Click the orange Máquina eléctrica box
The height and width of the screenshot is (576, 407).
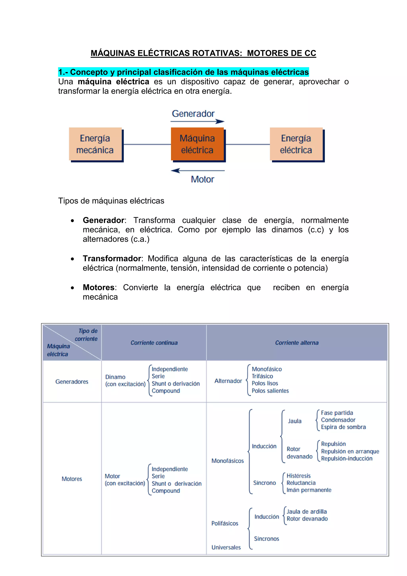click(x=197, y=144)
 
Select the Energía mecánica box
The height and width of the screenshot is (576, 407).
click(x=95, y=144)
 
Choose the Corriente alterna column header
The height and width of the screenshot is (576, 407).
click(x=297, y=343)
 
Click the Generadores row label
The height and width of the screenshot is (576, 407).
click(x=72, y=381)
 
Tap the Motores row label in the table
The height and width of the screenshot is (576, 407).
click(x=72, y=479)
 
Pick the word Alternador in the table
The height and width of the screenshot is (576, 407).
click(x=228, y=381)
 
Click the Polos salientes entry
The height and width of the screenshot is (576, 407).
click(x=270, y=391)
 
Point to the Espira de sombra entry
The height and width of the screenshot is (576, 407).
click(x=343, y=427)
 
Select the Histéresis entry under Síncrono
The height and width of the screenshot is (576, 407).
click(x=298, y=476)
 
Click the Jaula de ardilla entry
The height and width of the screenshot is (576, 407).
click(x=307, y=512)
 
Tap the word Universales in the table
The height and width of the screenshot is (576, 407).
click(x=226, y=547)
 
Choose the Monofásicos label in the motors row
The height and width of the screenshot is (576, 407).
click(x=228, y=461)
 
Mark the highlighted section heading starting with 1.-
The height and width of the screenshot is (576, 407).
click(x=183, y=72)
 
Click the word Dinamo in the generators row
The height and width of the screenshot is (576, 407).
click(x=115, y=377)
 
